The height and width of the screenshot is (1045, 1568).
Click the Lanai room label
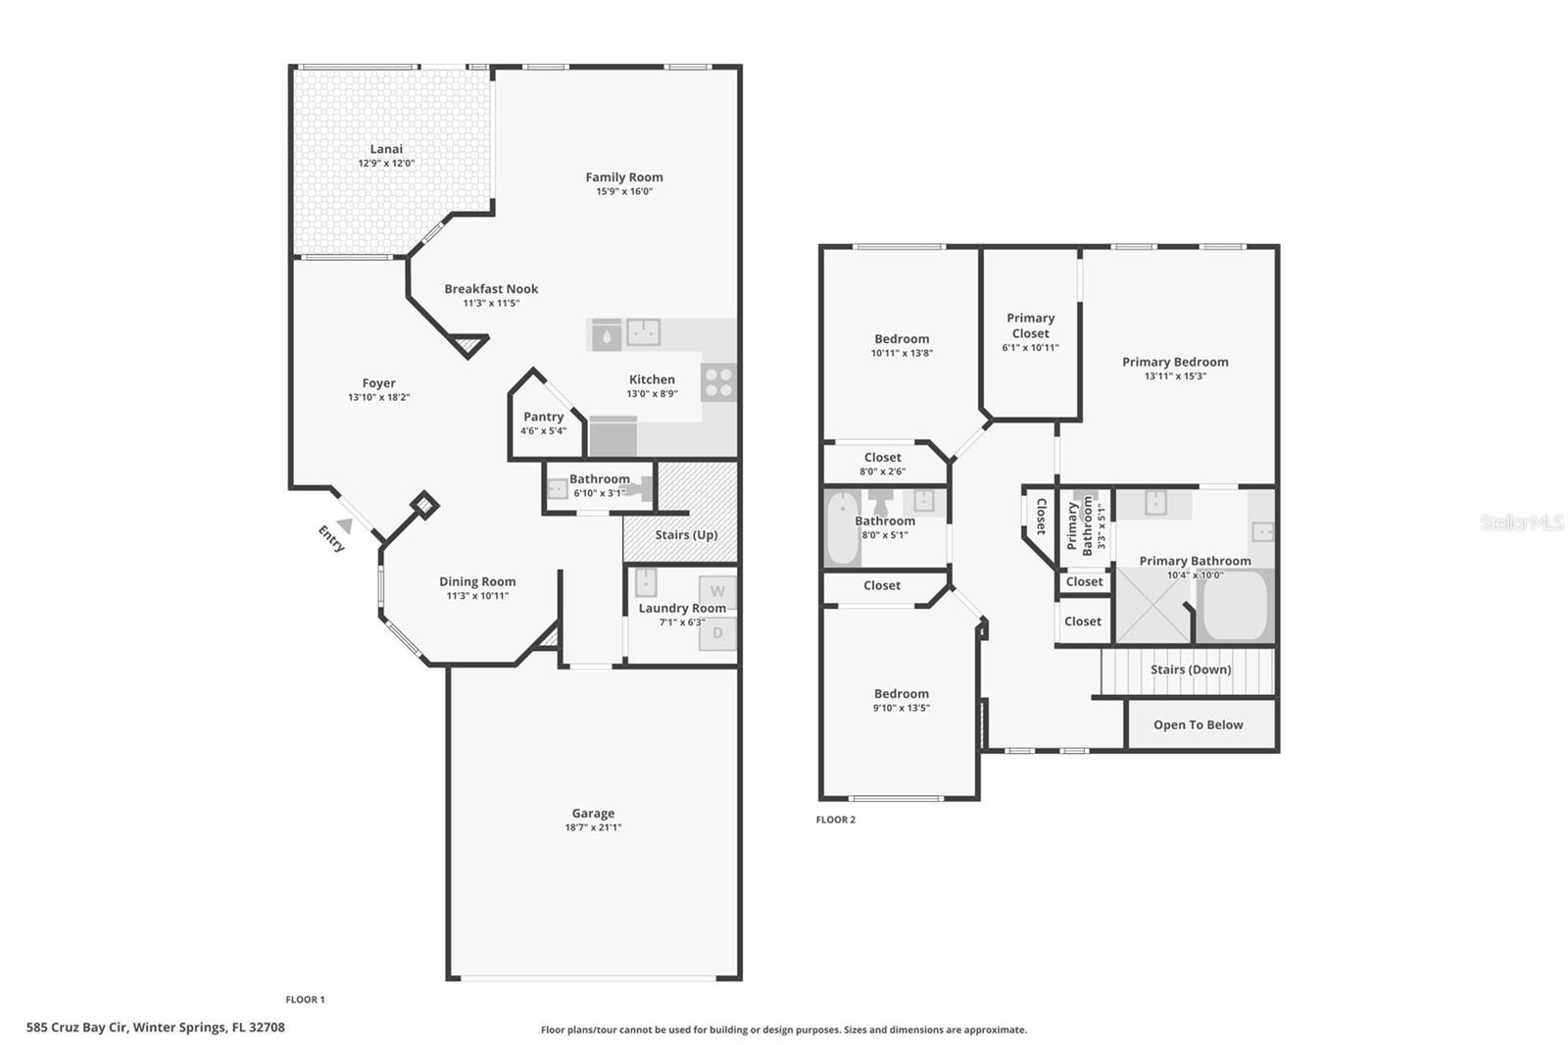(386, 148)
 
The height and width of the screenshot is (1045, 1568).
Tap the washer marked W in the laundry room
(717, 591)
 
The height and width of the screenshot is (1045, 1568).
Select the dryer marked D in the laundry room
(717, 633)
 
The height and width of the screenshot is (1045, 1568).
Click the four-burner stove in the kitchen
(718, 383)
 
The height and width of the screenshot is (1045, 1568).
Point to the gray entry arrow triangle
(344, 525)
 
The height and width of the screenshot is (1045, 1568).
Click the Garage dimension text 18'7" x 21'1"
(593, 827)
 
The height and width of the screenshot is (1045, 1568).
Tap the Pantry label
(543, 417)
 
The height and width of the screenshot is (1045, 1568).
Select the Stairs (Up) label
(686, 534)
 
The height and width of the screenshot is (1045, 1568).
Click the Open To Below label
(1198, 724)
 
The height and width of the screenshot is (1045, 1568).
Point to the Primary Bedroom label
(1175, 362)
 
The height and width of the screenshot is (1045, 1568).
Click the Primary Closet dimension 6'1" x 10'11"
(1030, 347)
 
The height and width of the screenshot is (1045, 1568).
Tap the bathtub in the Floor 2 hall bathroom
(842, 528)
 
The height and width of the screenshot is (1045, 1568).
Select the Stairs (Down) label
(1191, 670)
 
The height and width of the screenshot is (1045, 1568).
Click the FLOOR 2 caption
(835, 820)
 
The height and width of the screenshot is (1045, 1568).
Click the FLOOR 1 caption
(305, 1000)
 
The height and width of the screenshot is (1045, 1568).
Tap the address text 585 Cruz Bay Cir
(77, 1027)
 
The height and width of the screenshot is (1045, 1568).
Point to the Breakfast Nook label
(491, 288)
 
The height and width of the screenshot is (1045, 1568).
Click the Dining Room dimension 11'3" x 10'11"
(477, 596)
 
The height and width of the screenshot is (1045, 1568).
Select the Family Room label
(623, 177)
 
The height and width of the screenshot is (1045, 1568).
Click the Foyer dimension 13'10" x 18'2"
(378, 397)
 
